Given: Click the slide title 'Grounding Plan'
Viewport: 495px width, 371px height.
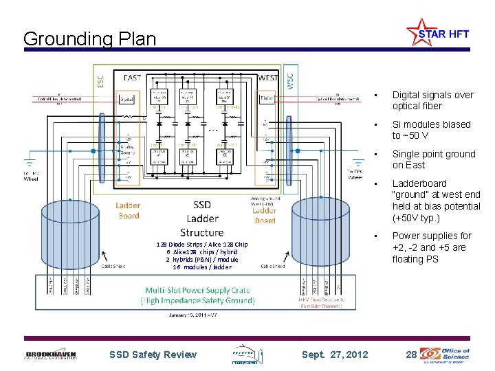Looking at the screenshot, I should pos(89,38).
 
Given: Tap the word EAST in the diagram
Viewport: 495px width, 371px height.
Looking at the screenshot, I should pos(133,78).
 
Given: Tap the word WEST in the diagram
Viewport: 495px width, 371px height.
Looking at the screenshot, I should pos(267,78).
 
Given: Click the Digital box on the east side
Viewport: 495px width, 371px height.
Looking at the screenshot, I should pos(128,99).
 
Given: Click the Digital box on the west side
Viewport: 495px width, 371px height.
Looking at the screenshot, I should pos(268,99).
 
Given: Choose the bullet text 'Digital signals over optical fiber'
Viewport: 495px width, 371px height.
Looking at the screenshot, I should pos(432,100).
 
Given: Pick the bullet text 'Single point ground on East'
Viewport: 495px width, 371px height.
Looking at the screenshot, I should pos(433,159).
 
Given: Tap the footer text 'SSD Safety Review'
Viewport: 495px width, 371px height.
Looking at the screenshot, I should pos(153,355).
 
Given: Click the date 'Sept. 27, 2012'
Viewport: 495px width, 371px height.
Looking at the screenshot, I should pos(335,355).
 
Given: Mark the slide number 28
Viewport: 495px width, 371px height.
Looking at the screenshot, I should pos(411,355).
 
